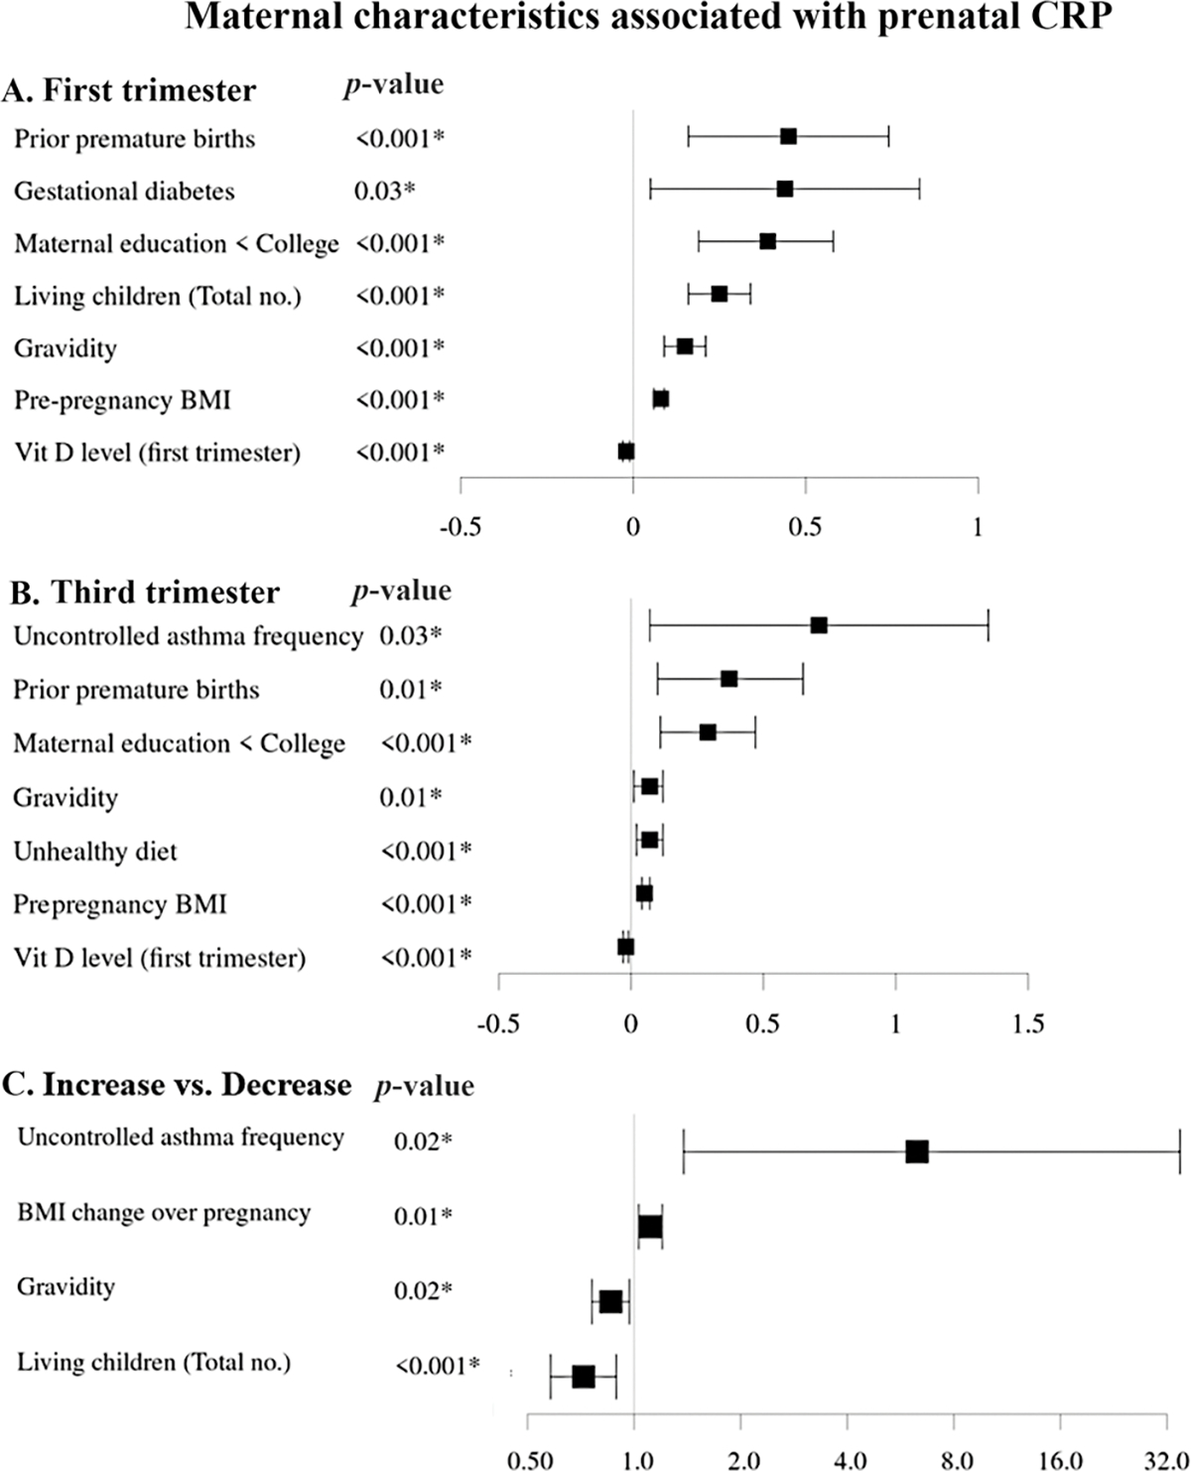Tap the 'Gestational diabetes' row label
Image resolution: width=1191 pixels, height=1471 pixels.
[124, 191]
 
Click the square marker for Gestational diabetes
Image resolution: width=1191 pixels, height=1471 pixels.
[784, 189]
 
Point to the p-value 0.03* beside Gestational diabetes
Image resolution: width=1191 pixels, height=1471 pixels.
[384, 191]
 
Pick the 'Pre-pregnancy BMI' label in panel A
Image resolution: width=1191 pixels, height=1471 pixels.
[122, 400]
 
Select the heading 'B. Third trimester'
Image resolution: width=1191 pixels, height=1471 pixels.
[145, 593]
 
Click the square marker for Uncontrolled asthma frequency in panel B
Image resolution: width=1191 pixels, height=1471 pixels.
[819, 625]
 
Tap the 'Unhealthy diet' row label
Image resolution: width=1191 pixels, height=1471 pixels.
[95, 852]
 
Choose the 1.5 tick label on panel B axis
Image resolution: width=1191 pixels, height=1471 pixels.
[1027, 1024]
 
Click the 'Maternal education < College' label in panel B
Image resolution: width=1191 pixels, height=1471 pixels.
[179, 744]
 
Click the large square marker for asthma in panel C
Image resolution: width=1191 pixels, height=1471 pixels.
[917, 1151]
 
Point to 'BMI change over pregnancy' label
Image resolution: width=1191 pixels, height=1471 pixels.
[164, 1213]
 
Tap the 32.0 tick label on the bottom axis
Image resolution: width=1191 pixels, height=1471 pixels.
[1165, 1461]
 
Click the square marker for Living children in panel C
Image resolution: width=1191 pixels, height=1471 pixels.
[584, 1377]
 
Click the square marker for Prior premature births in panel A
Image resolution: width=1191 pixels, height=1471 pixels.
[788, 136]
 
